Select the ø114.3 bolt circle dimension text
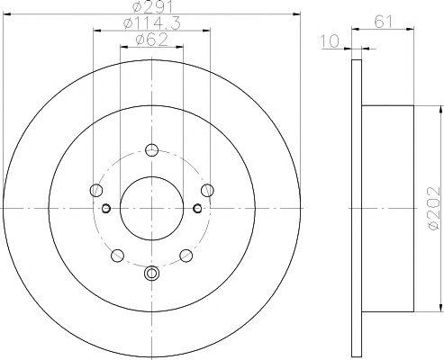(152, 23)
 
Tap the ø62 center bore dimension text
(151, 40)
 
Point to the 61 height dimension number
(383, 22)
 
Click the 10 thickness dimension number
(330, 41)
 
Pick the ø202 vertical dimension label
(435, 209)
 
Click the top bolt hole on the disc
(151, 150)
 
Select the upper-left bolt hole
(96, 190)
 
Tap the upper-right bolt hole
(207, 190)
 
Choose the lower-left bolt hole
(117, 256)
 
